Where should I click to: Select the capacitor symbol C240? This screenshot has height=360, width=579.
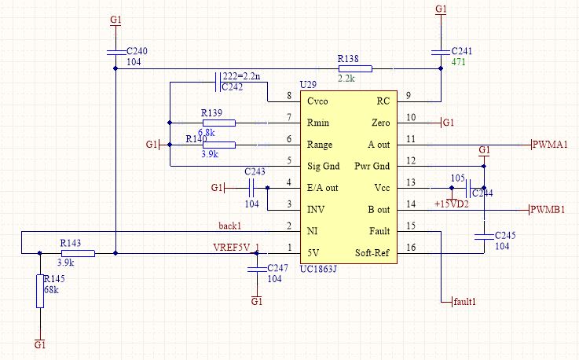(115, 51)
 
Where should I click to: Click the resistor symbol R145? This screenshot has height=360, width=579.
(40, 292)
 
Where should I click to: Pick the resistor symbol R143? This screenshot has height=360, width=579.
(78, 253)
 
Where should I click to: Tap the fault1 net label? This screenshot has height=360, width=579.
(464, 301)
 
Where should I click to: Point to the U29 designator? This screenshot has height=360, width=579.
(308, 85)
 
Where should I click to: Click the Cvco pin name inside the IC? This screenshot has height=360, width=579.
(319, 101)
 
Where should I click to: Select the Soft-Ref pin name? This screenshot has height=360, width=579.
(372, 253)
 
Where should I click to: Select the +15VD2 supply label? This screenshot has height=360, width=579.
(451, 204)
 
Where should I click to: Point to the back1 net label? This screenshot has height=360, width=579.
(229, 226)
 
